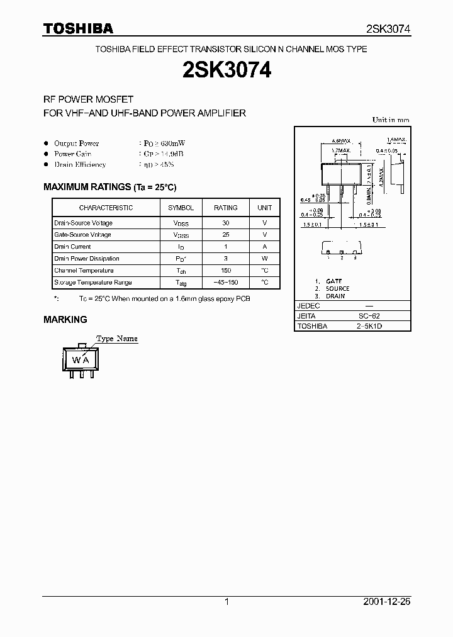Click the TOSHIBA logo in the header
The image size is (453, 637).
point(78,28)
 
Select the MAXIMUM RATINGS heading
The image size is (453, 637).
point(109,187)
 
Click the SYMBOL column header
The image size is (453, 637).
point(181,208)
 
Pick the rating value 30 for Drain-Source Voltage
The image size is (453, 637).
point(226,223)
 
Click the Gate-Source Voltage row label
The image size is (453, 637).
point(82,235)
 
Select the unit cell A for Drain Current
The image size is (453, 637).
point(265,247)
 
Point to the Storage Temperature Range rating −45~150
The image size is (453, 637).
point(226,283)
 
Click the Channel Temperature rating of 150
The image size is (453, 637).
point(226,271)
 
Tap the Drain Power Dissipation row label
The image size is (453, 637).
point(86,259)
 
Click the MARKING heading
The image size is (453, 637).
point(65,319)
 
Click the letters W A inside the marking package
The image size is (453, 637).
point(80,360)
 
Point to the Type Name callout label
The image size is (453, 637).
point(117,339)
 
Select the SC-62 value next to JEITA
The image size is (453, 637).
point(369,316)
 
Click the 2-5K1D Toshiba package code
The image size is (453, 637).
point(369,327)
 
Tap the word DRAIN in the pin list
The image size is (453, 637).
point(335,296)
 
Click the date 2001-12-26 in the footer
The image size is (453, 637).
point(387,602)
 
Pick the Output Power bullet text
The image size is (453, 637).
point(76,144)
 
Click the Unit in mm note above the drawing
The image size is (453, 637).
point(391,120)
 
